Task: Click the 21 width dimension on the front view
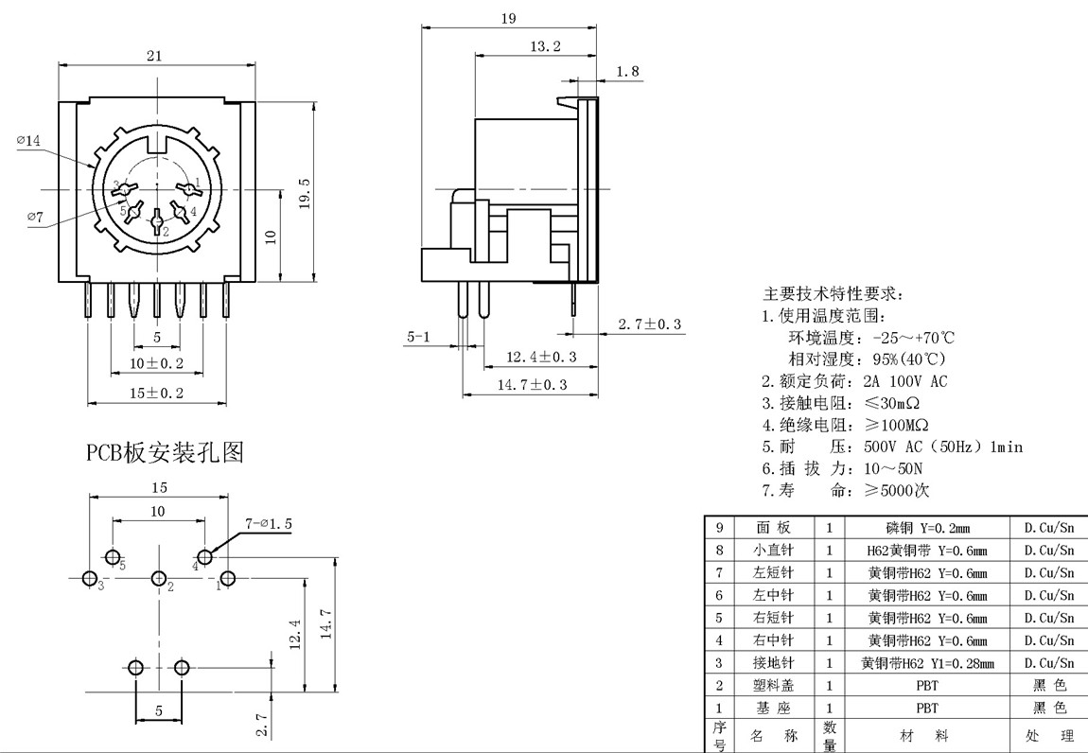point(154,57)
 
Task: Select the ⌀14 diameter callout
point(29,141)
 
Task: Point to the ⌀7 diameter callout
point(36,218)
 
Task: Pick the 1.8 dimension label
point(627,72)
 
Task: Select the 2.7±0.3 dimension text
point(650,325)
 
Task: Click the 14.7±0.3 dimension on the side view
point(532,385)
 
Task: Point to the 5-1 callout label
point(418,337)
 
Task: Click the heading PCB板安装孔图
point(166,453)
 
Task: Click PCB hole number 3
point(90,578)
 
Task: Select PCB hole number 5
point(113,555)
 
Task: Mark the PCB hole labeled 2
point(158,578)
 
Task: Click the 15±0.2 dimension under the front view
point(157,393)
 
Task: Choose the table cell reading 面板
point(773,528)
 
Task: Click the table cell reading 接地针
point(773,663)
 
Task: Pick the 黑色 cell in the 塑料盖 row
point(1049,686)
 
